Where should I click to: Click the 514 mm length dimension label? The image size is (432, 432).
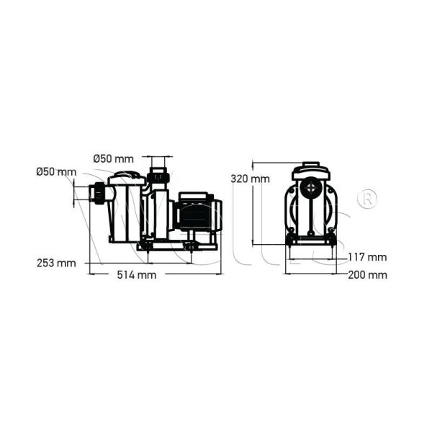(x=137, y=275)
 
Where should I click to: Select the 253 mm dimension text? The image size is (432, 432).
(x=56, y=262)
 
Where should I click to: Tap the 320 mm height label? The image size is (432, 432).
(x=250, y=178)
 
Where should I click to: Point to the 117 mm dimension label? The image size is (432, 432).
(x=367, y=257)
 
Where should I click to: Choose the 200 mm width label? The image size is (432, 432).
(x=367, y=274)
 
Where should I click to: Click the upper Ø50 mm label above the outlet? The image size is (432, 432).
(x=114, y=158)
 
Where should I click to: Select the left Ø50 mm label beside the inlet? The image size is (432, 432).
(x=55, y=171)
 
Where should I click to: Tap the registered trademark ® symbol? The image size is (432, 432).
(x=366, y=198)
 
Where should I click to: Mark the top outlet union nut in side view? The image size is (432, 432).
(x=157, y=176)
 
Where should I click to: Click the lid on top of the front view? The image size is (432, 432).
(x=311, y=170)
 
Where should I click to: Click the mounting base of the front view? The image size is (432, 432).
(x=311, y=241)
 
